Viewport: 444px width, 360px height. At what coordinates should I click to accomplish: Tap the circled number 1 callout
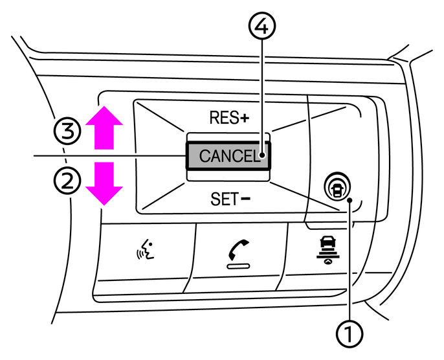[x=350, y=335]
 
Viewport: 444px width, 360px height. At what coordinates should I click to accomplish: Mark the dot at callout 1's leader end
[x=350, y=201]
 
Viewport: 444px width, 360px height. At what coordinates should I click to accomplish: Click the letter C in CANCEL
[x=205, y=156]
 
